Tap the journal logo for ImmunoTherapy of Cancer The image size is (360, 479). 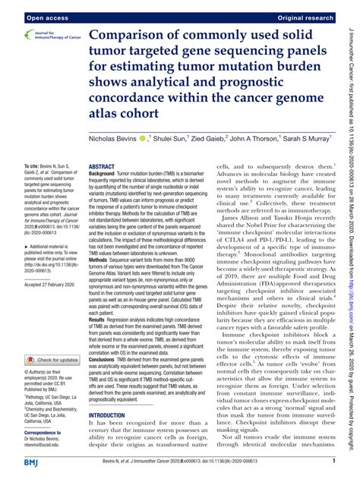click(42, 36)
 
